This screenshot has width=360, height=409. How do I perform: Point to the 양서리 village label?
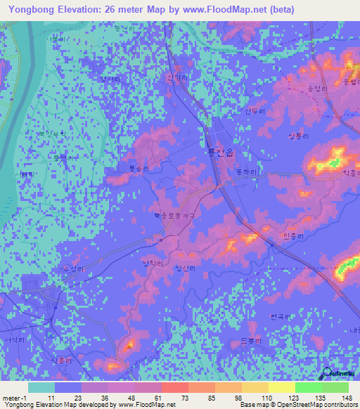[x=110, y=80]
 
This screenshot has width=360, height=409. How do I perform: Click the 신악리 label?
[x=178, y=78]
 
